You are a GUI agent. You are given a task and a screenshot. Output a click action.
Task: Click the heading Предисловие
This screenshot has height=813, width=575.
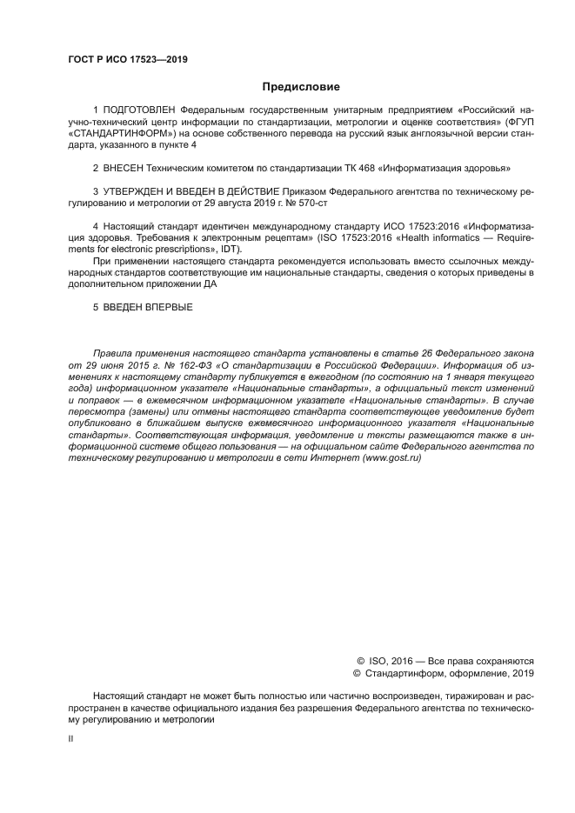[301, 87]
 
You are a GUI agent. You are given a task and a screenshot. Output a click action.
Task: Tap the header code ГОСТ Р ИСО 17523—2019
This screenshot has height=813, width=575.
[128, 60]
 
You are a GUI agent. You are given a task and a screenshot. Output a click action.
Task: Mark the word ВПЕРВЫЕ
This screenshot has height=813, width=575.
[165, 306]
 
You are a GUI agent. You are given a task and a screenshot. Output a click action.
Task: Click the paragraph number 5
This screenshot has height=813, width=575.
[96, 306]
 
